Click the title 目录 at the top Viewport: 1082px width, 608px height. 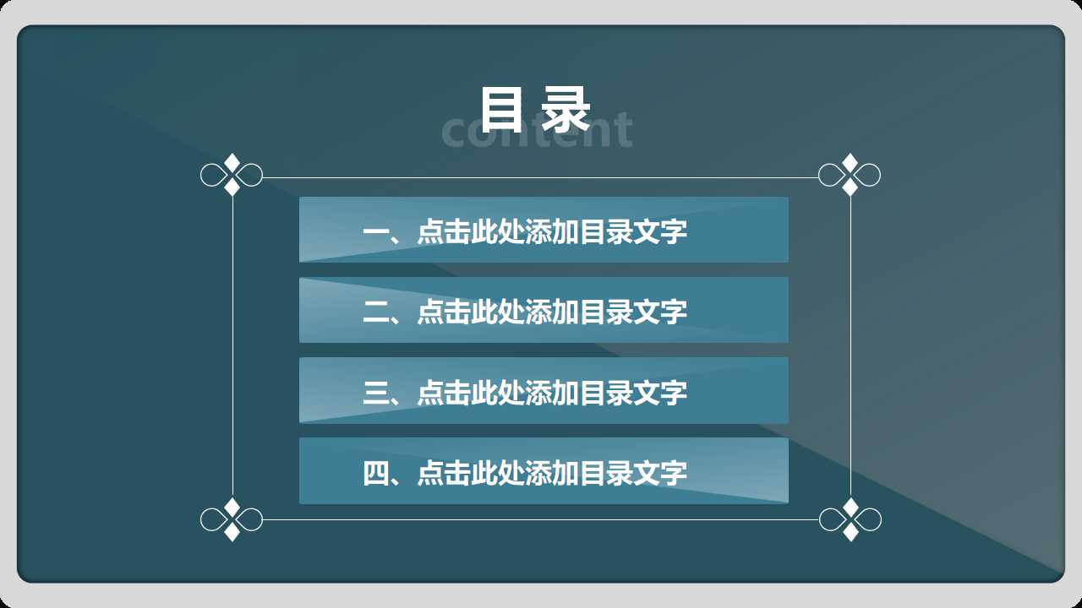coord(534,108)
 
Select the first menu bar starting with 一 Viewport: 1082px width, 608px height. coord(544,230)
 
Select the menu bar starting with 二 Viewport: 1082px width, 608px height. coord(544,310)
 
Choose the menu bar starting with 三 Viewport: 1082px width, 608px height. coord(544,390)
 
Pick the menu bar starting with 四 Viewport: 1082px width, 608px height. coord(544,471)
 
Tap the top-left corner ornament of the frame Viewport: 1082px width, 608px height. coord(232,176)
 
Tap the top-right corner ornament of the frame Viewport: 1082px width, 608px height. coord(850,175)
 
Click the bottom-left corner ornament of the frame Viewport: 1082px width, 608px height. coord(232,519)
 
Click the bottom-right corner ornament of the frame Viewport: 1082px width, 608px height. coord(850,519)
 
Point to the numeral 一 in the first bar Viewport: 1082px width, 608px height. coord(374,231)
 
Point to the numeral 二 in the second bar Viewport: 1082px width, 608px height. coord(374,312)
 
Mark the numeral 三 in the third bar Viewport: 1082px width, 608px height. coord(374,392)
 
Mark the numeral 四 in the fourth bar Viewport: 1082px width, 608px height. coord(374,473)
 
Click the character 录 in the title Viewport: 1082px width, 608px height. coord(565,108)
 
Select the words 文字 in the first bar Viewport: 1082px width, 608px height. coord(660,231)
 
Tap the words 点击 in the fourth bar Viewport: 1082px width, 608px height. coord(444,473)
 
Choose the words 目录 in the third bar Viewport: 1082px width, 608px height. coord(606,392)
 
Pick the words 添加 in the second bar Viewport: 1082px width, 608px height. coord(552,312)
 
